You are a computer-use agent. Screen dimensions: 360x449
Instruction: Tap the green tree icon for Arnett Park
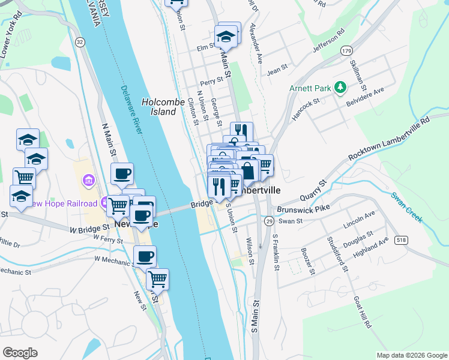tap(340, 88)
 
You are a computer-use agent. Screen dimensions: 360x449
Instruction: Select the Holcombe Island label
tap(162, 107)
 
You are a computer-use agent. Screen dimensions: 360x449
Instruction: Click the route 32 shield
tap(79, 41)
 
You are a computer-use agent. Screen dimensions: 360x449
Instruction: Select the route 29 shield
tap(269, 221)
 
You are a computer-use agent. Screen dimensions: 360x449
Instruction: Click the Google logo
tap(20, 353)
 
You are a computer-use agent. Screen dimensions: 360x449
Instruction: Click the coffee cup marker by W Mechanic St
tap(145, 256)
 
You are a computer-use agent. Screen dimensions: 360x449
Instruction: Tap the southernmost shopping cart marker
tap(157, 278)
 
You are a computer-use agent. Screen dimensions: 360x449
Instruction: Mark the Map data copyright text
tap(411, 355)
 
